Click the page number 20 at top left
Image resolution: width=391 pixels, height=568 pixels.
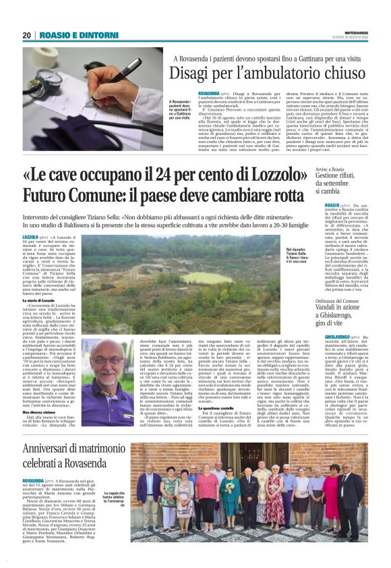(26, 35)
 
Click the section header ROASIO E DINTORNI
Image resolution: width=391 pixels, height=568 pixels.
(69, 35)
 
